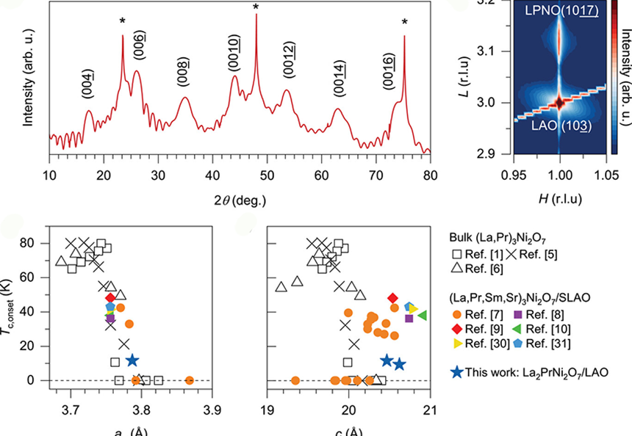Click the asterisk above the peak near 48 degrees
[256, 7]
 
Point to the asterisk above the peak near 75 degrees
[404, 22]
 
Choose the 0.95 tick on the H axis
[513, 167]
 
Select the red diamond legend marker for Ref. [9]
[457, 329]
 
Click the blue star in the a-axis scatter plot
[132, 360]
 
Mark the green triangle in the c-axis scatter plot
[422, 315]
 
